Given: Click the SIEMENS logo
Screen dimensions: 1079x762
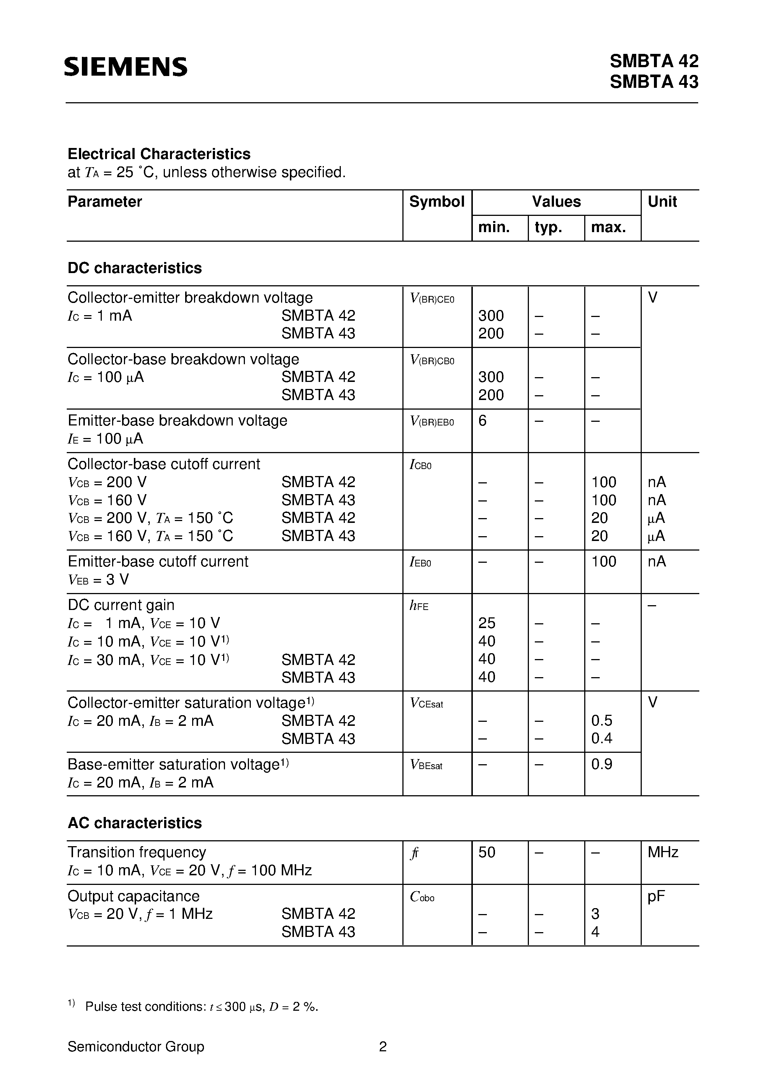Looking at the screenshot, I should (x=125, y=67).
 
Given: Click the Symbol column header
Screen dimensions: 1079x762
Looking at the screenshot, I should (x=436, y=201).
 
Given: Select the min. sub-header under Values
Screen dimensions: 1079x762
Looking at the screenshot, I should (x=494, y=227).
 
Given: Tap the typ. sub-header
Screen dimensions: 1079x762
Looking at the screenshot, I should (x=548, y=227).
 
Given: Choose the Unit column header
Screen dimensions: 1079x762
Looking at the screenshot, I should (x=662, y=201).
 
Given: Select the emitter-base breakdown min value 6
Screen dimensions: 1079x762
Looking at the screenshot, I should (x=482, y=421).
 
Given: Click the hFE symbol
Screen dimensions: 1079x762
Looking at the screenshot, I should (x=419, y=606).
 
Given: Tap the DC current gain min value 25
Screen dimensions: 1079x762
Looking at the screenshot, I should (x=487, y=623).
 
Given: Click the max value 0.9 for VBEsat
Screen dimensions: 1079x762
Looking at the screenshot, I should (x=602, y=764).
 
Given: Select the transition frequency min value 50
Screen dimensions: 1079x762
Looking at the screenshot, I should (x=487, y=852).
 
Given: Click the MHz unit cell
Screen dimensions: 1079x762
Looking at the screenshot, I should (x=662, y=852).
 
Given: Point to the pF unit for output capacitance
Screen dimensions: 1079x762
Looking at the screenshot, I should (x=656, y=897).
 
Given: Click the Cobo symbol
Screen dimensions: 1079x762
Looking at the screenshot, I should (x=422, y=897).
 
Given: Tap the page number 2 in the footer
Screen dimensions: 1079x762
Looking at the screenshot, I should (x=382, y=1047).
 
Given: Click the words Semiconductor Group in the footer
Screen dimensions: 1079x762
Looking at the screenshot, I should (x=136, y=1047).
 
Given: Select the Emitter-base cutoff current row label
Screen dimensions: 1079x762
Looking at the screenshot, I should (x=158, y=562).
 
